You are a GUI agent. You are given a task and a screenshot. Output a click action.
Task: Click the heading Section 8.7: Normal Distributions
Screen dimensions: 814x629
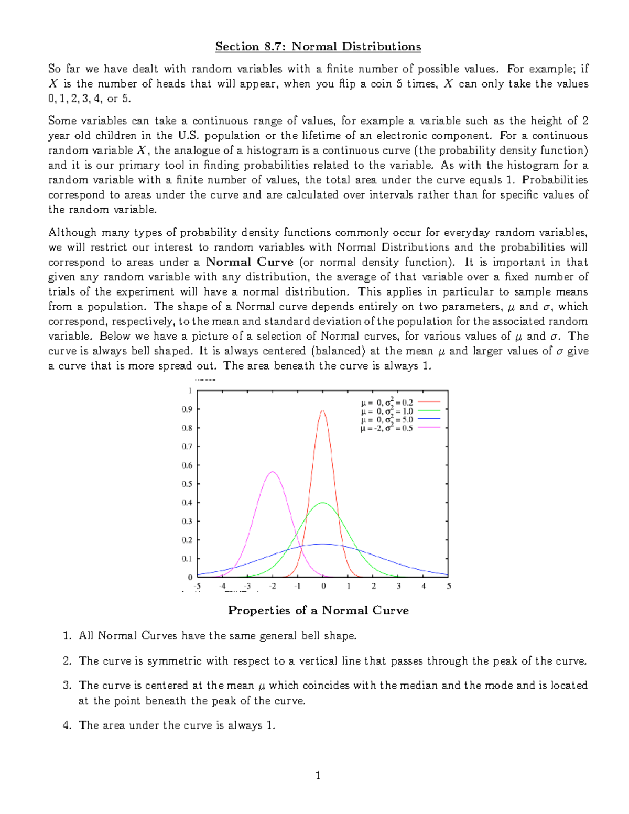pyautogui.click(x=318, y=47)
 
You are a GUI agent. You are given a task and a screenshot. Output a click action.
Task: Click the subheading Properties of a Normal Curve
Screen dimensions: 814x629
pyautogui.click(x=318, y=611)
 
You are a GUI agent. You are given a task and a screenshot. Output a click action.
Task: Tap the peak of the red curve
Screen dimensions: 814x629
pyautogui.click(x=323, y=411)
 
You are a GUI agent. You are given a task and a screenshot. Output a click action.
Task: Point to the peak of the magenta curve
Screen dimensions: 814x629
pyautogui.click(x=273, y=472)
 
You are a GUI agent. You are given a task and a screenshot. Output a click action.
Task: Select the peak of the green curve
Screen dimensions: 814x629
pyautogui.click(x=323, y=503)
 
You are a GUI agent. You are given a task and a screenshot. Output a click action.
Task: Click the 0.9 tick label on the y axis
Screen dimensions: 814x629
pyautogui.click(x=187, y=409)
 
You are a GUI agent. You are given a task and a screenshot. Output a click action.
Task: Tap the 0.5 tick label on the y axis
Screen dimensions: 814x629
pyautogui.click(x=187, y=484)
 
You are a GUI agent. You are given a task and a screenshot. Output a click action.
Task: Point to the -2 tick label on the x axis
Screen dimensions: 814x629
pyautogui.click(x=273, y=587)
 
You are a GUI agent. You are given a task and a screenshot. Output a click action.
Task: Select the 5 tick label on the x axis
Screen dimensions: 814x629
pyautogui.click(x=449, y=587)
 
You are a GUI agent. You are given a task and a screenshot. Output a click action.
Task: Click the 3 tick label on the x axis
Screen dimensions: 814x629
pyautogui.click(x=399, y=587)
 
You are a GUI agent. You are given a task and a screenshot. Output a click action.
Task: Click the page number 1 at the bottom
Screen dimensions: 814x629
pyautogui.click(x=318, y=775)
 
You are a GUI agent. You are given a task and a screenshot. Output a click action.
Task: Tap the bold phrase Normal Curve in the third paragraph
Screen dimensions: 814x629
pyautogui.click(x=250, y=262)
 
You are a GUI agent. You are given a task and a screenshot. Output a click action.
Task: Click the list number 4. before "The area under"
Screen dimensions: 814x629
pyautogui.click(x=67, y=725)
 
